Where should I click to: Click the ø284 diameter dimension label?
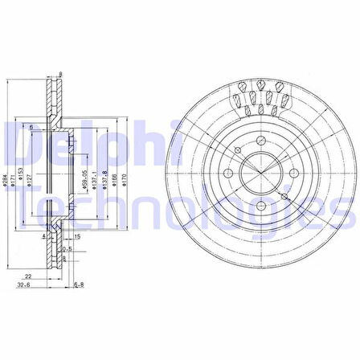6,182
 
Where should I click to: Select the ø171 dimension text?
14,182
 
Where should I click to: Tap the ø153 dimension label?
23,182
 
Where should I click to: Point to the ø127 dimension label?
32,182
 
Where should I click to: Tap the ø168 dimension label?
117,182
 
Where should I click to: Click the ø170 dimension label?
127,182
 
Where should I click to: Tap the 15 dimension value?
76,237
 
